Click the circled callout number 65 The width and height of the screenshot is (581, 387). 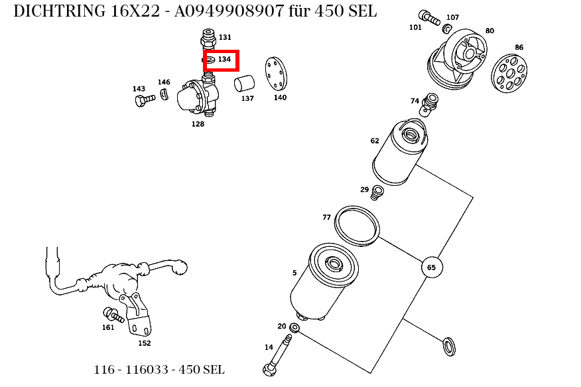(x=432, y=268)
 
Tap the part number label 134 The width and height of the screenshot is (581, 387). (x=224, y=59)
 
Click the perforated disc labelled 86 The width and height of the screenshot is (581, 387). (x=509, y=74)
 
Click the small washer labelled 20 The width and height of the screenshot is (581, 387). (x=294, y=328)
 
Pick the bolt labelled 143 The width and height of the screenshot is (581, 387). (x=145, y=100)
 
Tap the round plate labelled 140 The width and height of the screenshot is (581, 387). (x=276, y=74)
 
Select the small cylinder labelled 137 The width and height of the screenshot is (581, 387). (x=245, y=84)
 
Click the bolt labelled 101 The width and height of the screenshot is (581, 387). (x=428, y=17)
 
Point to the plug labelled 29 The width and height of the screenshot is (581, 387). (x=377, y=193)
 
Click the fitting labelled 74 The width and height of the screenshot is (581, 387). (x=429, y=104)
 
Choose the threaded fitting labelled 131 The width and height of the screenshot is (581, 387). (x=208, y=39)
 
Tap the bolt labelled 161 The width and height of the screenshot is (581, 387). (x=113, y=315)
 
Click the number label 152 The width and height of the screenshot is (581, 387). (x=145, y=343)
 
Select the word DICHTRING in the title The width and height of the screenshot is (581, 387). (x=59, y=11)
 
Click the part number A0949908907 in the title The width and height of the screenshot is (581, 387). (x=229, y=11)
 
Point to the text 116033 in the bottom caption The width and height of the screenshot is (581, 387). (x=147, y=370)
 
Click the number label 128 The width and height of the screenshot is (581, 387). (x=198, y=124)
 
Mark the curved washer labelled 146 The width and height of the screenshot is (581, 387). (x=164, y=94)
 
